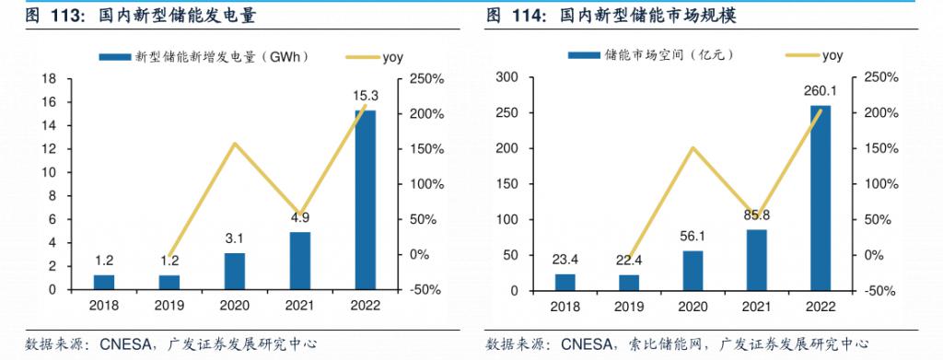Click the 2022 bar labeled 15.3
pos(366,200)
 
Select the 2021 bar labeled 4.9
pos(300,261)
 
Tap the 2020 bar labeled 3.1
pos(235,271)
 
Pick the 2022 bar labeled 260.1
pos(820,198)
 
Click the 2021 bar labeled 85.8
pos(755,260)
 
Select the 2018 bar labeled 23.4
pos(565,282)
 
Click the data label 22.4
pos(629,259)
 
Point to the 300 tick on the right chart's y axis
pos(507,77)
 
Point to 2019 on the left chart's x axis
pos(169,305)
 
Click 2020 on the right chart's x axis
pos(693,305)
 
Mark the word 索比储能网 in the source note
pos(673,343)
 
